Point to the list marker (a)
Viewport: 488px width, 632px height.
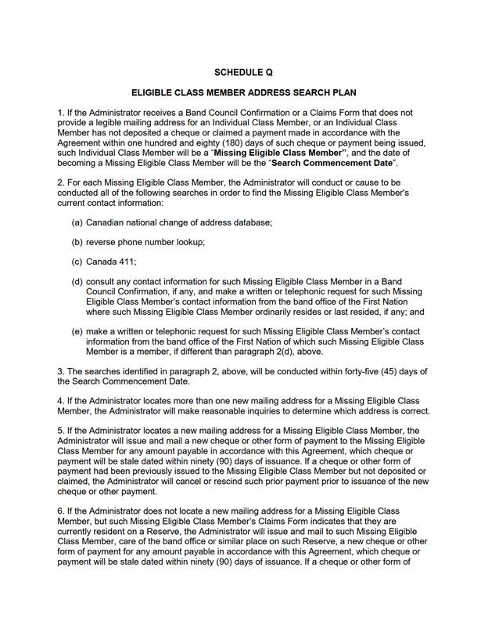click(x=77, y=222)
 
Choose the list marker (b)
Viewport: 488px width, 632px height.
click(x=77, y=242)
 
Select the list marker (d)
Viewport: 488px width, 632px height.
click(x=77, y=281)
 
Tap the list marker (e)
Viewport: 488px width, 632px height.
click(x=77, y=331)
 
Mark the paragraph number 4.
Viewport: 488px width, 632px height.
click(x=60, y=401)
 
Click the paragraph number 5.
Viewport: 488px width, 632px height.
click(x=60, y=431)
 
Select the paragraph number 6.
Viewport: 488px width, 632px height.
click(x=60, y=511)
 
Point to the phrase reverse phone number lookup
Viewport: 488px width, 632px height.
click(x=145, y=242)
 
